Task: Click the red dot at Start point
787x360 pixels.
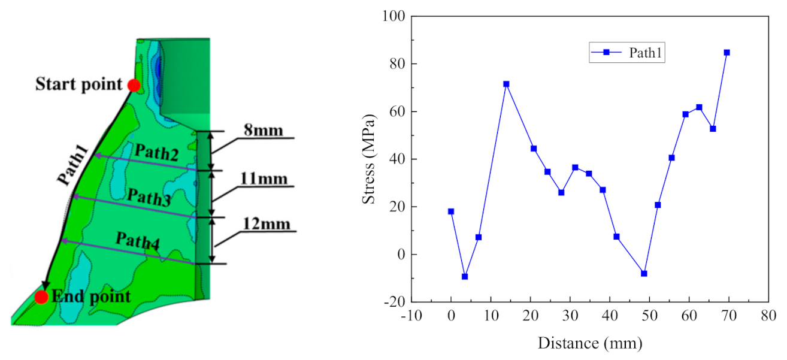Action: click(134, 86)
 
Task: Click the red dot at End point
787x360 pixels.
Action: click(41, 297)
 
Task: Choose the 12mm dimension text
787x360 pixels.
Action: click(266, 224)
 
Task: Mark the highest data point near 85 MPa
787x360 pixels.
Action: click(727, 53)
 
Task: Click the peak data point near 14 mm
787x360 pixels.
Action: click(506, 84)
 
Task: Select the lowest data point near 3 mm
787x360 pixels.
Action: click(465, 276)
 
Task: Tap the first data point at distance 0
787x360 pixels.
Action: click(451, 211)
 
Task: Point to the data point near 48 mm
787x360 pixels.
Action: click(644, 274)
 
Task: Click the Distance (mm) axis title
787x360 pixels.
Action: click(590, 343)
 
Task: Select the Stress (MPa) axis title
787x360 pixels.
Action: click(370, 159)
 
